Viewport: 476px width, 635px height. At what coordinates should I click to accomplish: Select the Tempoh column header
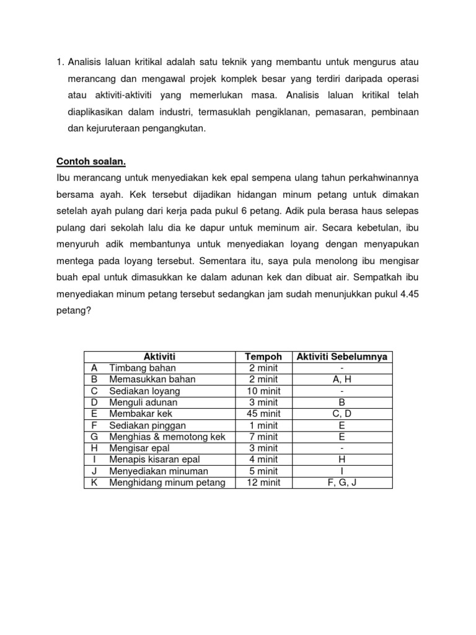point(263,357)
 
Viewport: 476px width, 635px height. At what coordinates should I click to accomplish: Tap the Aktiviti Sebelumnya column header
point(342,357)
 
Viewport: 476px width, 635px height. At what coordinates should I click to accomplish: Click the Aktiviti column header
point(160,357)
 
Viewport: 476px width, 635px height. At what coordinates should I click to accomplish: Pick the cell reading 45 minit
point(263,414)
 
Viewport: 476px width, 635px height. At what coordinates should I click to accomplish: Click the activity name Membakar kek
point(141,414)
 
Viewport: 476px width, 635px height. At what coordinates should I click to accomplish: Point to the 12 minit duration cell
point(263,482)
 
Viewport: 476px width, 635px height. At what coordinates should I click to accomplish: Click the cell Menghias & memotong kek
point(167,437)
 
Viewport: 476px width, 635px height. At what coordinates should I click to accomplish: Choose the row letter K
point(95,482)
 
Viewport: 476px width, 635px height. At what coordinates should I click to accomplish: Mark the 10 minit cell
point(263,391)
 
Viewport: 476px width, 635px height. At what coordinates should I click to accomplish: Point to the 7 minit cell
point(263,437)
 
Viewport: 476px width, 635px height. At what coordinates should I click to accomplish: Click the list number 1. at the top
point(60,62)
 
